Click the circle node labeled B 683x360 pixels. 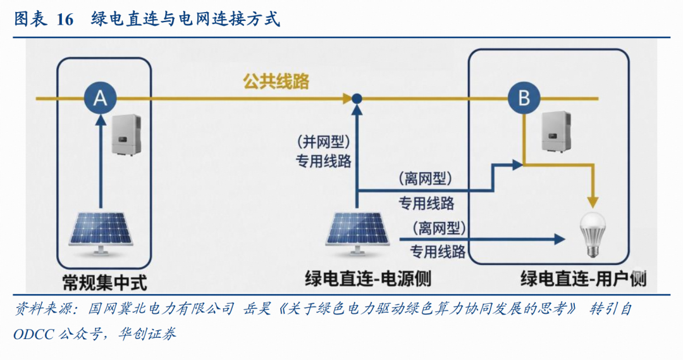pyautogui.click(x=524, y=98)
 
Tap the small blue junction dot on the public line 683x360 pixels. pyautogui.click(x=357, y=98)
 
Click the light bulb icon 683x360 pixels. pyautogui.click(x=593, y=233)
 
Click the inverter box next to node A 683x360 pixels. pyautogui.click(x=126, y=135)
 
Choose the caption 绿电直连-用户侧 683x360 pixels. pyautogui.click(x=584, y=278)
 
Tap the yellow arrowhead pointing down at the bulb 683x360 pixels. pyautogui.click(x=593, y=202)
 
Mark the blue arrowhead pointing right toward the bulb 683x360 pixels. pyautogui.click(x=558, y=239)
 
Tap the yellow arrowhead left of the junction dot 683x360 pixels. pyautogui.click(x=346, y=98)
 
